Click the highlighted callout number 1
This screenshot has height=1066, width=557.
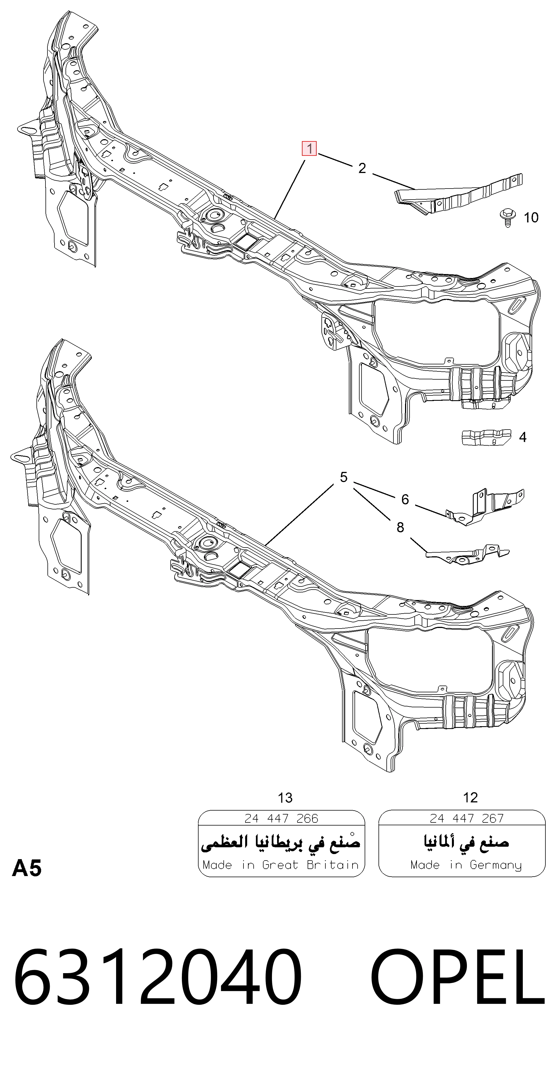tap(309, 148)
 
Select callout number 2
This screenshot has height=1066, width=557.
tap(362, 168)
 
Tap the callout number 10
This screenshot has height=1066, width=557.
tap(531, 217)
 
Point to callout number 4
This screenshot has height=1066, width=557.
tap(523, 437)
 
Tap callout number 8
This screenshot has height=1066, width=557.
tap(400, 527)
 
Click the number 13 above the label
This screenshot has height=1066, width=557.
tap(285, 797)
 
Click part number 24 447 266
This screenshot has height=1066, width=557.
tap(281, 818)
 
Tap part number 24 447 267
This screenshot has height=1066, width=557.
tap(467, 818)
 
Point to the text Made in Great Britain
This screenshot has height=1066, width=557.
tap(281, 865)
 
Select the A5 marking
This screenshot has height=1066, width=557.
tap(27, 868)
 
